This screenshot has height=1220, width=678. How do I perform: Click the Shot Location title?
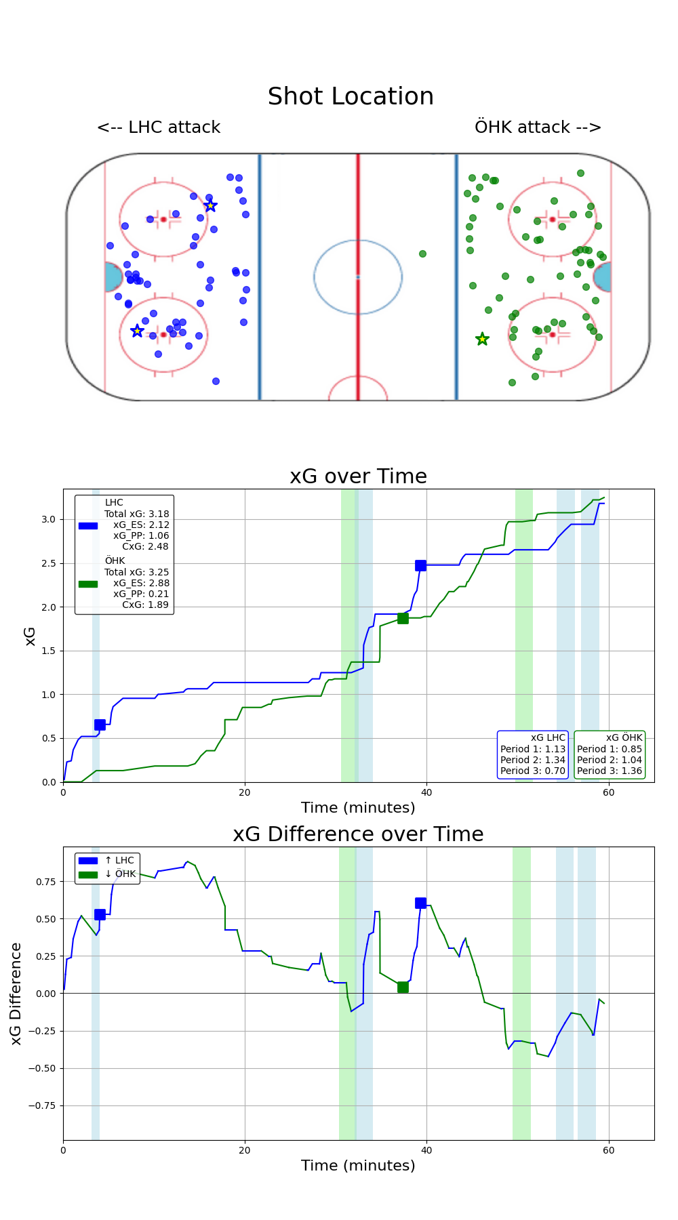pos(351,96)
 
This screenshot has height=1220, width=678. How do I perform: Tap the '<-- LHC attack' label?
pos(159,127)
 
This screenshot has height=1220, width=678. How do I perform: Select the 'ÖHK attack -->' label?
pos(538,127)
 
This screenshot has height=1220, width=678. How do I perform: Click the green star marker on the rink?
pos(482,339)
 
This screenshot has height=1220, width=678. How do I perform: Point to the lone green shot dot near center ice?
pos(422,253)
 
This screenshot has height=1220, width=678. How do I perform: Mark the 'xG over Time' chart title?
pos(358,476)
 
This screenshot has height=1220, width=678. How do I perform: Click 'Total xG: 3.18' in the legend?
pos(136,514)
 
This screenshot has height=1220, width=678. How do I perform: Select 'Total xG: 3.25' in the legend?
pos(136,572)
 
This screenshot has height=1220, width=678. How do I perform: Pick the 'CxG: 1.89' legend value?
pos(145,605)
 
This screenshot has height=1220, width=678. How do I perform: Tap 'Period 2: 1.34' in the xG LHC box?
pos(533,760)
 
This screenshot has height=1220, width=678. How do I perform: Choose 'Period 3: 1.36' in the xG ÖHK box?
pos(610,771)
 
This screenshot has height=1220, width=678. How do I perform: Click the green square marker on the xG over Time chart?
pos(403,618)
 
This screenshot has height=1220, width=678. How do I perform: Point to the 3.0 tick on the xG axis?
pos(48,519)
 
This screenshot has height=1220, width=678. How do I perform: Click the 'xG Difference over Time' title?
pos(358,834)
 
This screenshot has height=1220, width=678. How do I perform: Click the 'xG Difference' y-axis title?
pos(16,994)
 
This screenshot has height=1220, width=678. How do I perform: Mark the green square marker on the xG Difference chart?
pos(403,988)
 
